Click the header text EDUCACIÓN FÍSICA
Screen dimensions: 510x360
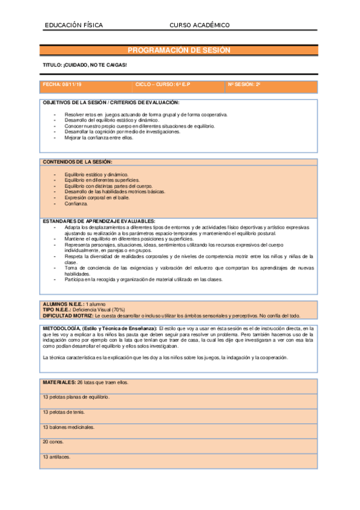(74, 25)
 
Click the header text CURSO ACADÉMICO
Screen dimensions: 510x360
(200, 25)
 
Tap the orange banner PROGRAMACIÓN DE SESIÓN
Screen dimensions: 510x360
(179, 51)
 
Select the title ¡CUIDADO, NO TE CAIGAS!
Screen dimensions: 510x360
(85, 64)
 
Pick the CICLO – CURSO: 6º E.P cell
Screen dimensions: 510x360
(162, 85)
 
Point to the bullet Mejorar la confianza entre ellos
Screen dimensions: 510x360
(99, 138)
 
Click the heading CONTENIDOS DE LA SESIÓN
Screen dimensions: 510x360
(77, 162)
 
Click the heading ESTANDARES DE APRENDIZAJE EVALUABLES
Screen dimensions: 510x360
(99, 221)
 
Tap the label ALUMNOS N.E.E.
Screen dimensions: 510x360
(63, 304)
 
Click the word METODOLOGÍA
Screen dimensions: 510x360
(61, 328)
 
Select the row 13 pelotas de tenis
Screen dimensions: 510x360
(64, 412)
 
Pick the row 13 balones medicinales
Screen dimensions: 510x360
(69, 427)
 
